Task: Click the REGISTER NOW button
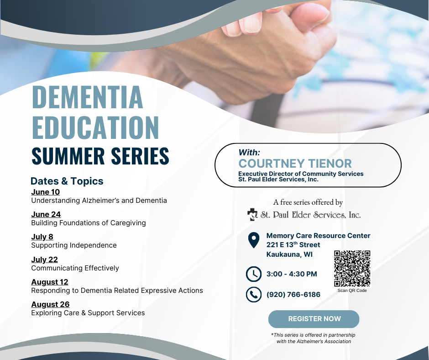tap(314, 319)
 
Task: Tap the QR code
tap(352, 269)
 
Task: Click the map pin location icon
tap(254, 240)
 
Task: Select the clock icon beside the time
tap(254, 274)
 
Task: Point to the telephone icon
tap(254, 295)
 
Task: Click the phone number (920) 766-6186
tap(293, 295)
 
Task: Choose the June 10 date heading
tap(46, 192)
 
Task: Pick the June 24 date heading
tap(46, 214)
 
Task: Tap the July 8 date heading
tap(42, 237)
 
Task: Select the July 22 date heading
tap(44, 259)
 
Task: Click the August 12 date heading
tap(50, 282)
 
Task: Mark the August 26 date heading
tap(50, 304)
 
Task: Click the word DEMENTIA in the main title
tap(88, 97)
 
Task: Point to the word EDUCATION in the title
tap(95, 127)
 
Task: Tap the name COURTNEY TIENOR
tap(295, 164)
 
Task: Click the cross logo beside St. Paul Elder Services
tap(252, 215)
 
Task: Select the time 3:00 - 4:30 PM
tap(292, 274)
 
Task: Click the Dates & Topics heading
tap(67, 181)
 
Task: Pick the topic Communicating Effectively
tap(75, 268)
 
